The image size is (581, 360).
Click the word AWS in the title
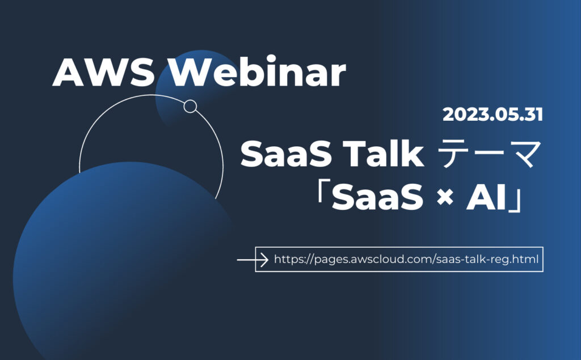[x=104, y=72]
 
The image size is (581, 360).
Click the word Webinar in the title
[x=258, y=71]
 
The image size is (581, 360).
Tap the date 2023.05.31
[x=493, y=115]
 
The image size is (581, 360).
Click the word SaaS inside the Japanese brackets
[x=377, y=197]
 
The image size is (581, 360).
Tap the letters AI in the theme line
[x=486, y=197]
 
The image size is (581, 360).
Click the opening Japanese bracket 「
[x=322, y=193]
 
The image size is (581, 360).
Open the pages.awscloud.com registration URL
[x=406, y=259]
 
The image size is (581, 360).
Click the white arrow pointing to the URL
[x=252, y=260]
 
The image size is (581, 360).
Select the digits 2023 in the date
[x=465, y=115]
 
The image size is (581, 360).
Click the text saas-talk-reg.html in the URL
[x=487, y=259]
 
